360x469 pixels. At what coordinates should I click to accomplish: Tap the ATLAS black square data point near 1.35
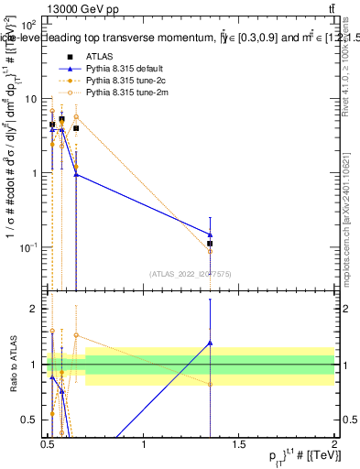pos(211,244)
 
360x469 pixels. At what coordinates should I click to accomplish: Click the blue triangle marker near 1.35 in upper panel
pos(211,234)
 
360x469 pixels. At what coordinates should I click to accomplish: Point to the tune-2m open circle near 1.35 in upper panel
pos(211,251)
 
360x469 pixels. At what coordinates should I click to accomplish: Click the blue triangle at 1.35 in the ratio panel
pos(211,343)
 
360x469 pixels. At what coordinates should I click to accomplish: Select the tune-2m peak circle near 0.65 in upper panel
pos(76,117)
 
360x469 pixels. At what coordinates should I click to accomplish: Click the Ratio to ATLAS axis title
pos(12,365)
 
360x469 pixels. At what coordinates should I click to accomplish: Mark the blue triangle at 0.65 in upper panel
pos(76,174)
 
